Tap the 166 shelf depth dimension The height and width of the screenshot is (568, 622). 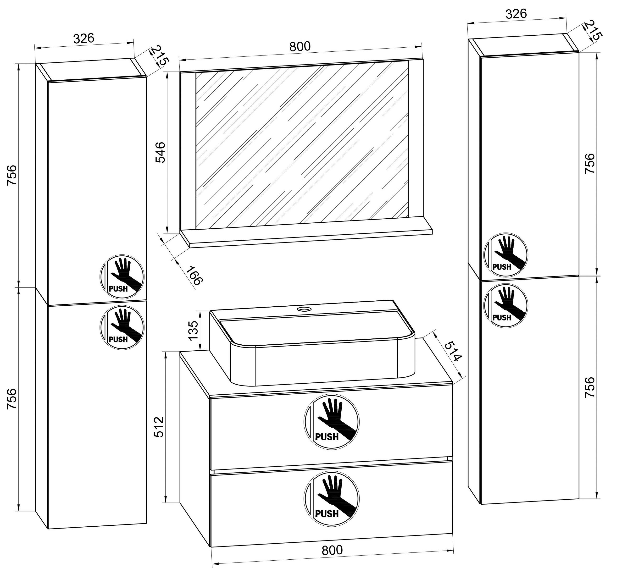pyautogui.click(x=194, y=275)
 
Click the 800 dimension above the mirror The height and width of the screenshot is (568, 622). pyautogui.click(x=300, y=46)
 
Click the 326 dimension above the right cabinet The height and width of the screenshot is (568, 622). pyautogui.click(x=516, y=14)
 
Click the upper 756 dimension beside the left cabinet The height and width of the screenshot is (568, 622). pyautogui.click(x=12, y=175)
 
